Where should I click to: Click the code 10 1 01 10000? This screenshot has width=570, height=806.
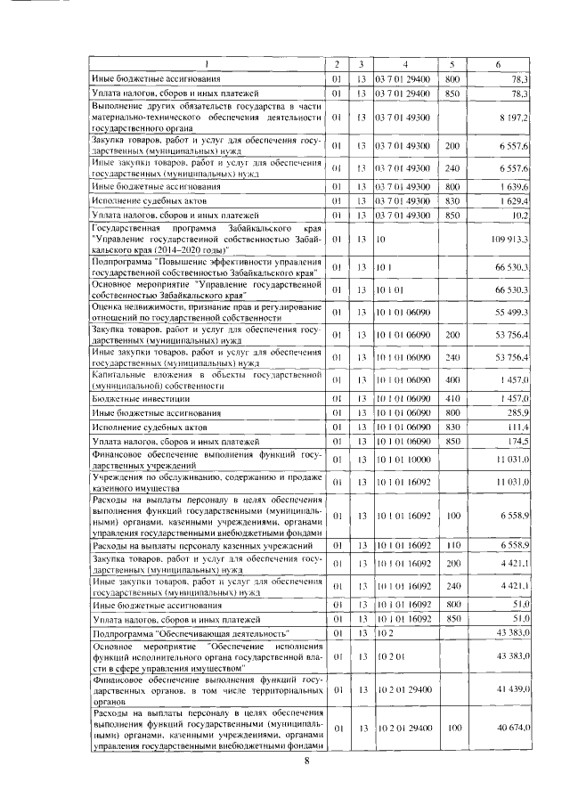click(x=402, y=460)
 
